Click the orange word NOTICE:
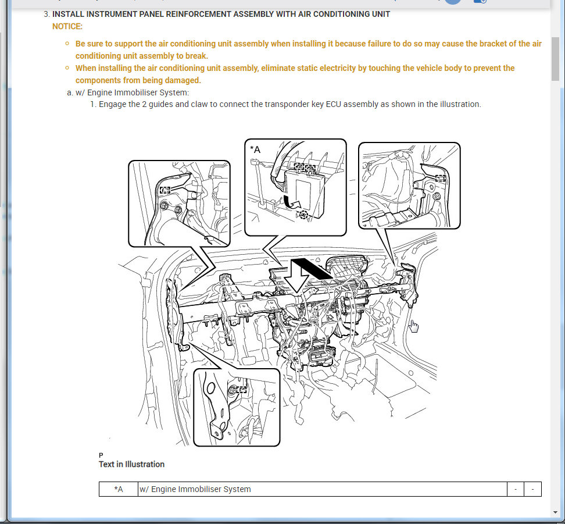(67, 26)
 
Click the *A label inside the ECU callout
(255, 149)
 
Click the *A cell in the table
(119, 489)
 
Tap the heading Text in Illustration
(131, 464)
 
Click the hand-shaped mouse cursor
(414, 326)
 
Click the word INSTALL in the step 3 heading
(68, 14)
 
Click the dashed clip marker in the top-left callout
(165, 190)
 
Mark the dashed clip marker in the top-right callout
(441, 178)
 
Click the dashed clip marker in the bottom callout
(241, 390)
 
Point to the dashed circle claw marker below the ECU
(304, 215)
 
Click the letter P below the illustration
(101, 455)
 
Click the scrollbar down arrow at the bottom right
(555, 512)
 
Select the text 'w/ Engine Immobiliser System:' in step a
(133, 92)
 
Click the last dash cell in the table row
(532, 489)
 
